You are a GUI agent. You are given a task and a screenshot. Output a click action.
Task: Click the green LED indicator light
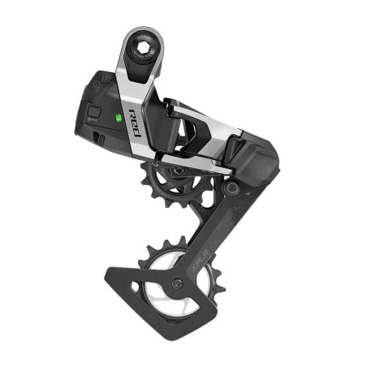119,118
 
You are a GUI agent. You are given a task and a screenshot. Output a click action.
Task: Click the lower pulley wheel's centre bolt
176,283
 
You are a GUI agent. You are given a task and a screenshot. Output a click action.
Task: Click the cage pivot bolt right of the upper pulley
232,188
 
